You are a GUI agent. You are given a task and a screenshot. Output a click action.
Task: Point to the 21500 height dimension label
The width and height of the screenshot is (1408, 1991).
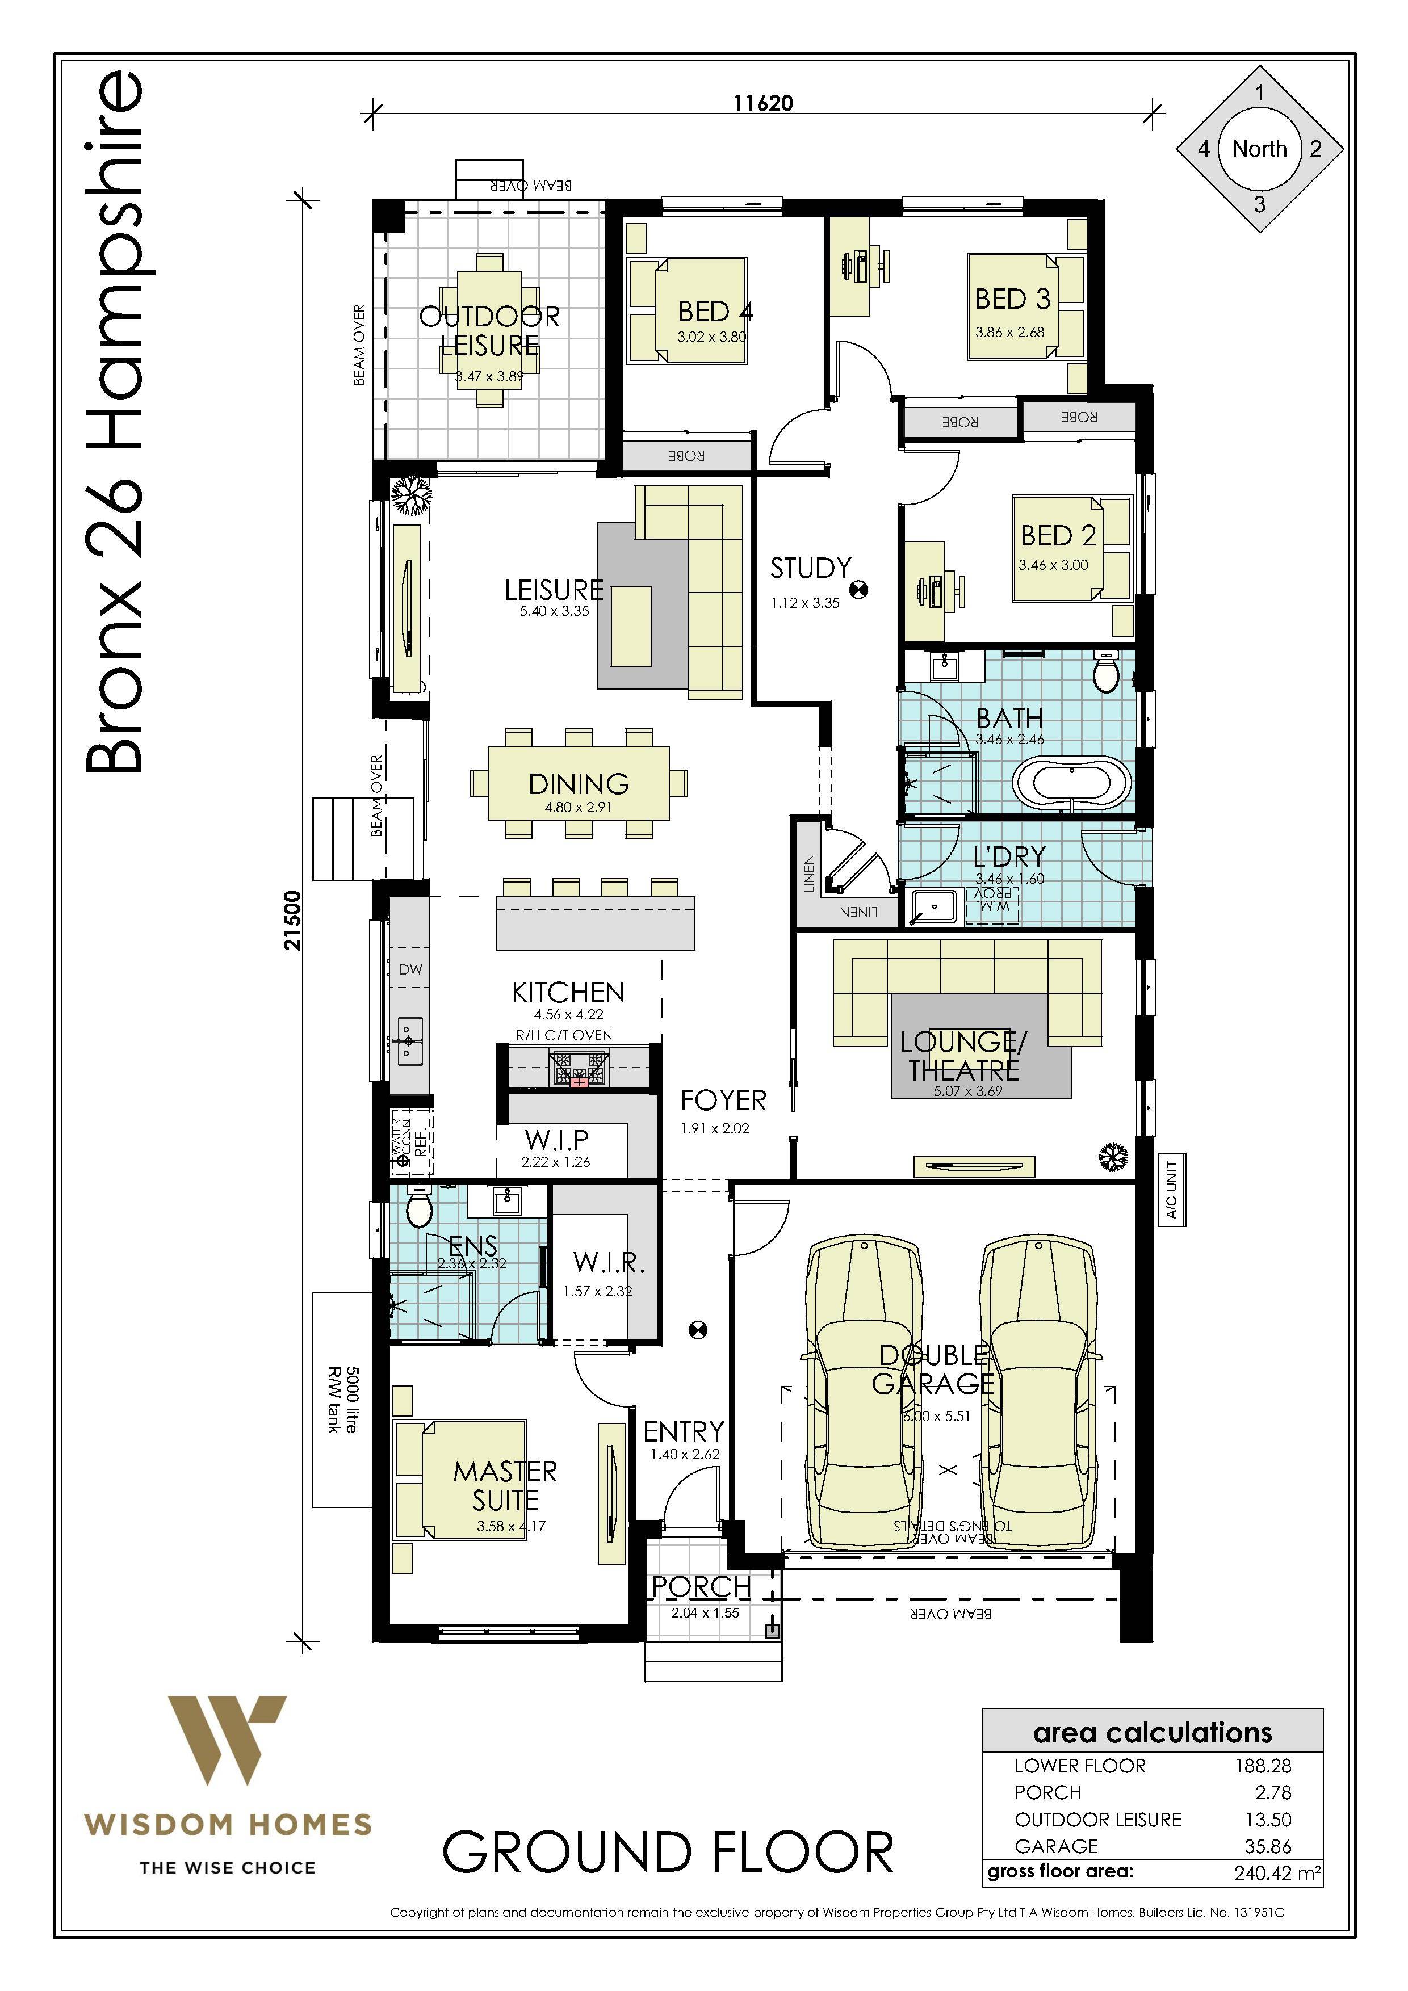click(x=293, y=921)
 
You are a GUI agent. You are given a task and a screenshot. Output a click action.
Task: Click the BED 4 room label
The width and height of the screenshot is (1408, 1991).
click(x=714, y=310)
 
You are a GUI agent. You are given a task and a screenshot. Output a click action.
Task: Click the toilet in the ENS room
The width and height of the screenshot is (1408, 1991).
click(x=419, y=1208)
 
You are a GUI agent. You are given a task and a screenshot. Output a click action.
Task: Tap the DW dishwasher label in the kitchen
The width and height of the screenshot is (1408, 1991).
click(x=410, y=969)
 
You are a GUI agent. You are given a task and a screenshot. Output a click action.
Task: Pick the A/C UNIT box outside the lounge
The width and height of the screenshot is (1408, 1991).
click(x=1171, y=1189)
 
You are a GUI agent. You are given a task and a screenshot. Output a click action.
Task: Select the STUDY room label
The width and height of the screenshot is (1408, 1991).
click(x=810, y=569)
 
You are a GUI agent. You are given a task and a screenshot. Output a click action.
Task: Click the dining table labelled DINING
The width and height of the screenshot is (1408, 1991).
click(x=579, y=784)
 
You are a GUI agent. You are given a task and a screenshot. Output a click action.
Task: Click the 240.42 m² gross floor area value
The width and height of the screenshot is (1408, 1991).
click(x=1277, y=1872)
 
